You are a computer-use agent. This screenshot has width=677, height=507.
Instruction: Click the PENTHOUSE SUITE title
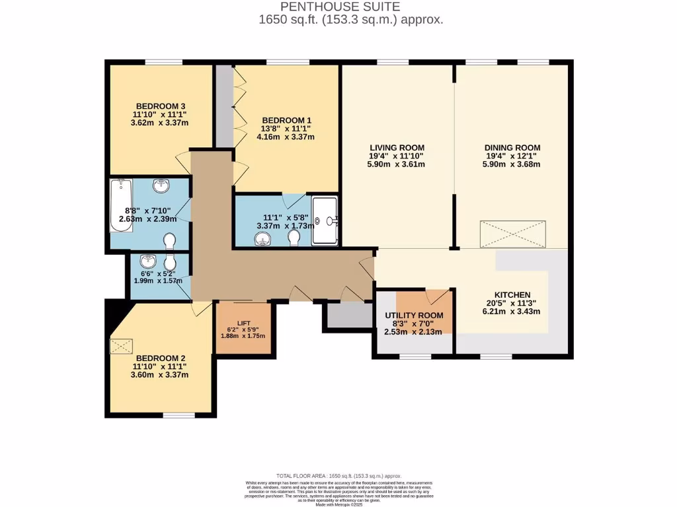tap(350, 7)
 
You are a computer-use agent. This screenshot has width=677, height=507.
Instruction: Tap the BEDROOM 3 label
tap(160, 106)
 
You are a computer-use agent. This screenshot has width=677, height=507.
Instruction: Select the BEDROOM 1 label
tap(286, 120)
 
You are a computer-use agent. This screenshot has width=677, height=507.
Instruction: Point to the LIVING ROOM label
tap(397, 147)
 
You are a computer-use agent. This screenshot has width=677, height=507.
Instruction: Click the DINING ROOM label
tap(512, 147)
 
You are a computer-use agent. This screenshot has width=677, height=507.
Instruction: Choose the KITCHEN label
tap(512, 294)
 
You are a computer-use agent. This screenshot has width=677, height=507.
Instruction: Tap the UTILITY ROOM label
tap(414, 316)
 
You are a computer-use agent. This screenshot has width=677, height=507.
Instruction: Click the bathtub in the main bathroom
tap(121, 205)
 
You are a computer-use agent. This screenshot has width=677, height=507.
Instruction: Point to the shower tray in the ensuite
tap(325, 220)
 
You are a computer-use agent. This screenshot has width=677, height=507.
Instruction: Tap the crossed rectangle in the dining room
tap(514, 234)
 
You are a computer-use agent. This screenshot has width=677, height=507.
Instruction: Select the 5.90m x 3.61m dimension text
tap(397, 164)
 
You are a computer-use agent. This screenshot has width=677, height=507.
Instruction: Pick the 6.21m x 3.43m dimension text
tap(512, 312)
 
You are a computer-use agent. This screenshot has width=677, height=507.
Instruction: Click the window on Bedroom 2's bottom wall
tap(179, 415)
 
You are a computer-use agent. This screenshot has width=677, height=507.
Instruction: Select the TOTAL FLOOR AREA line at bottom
tap(338, 476)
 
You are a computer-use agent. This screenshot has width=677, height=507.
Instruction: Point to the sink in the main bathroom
tap(162, 187)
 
